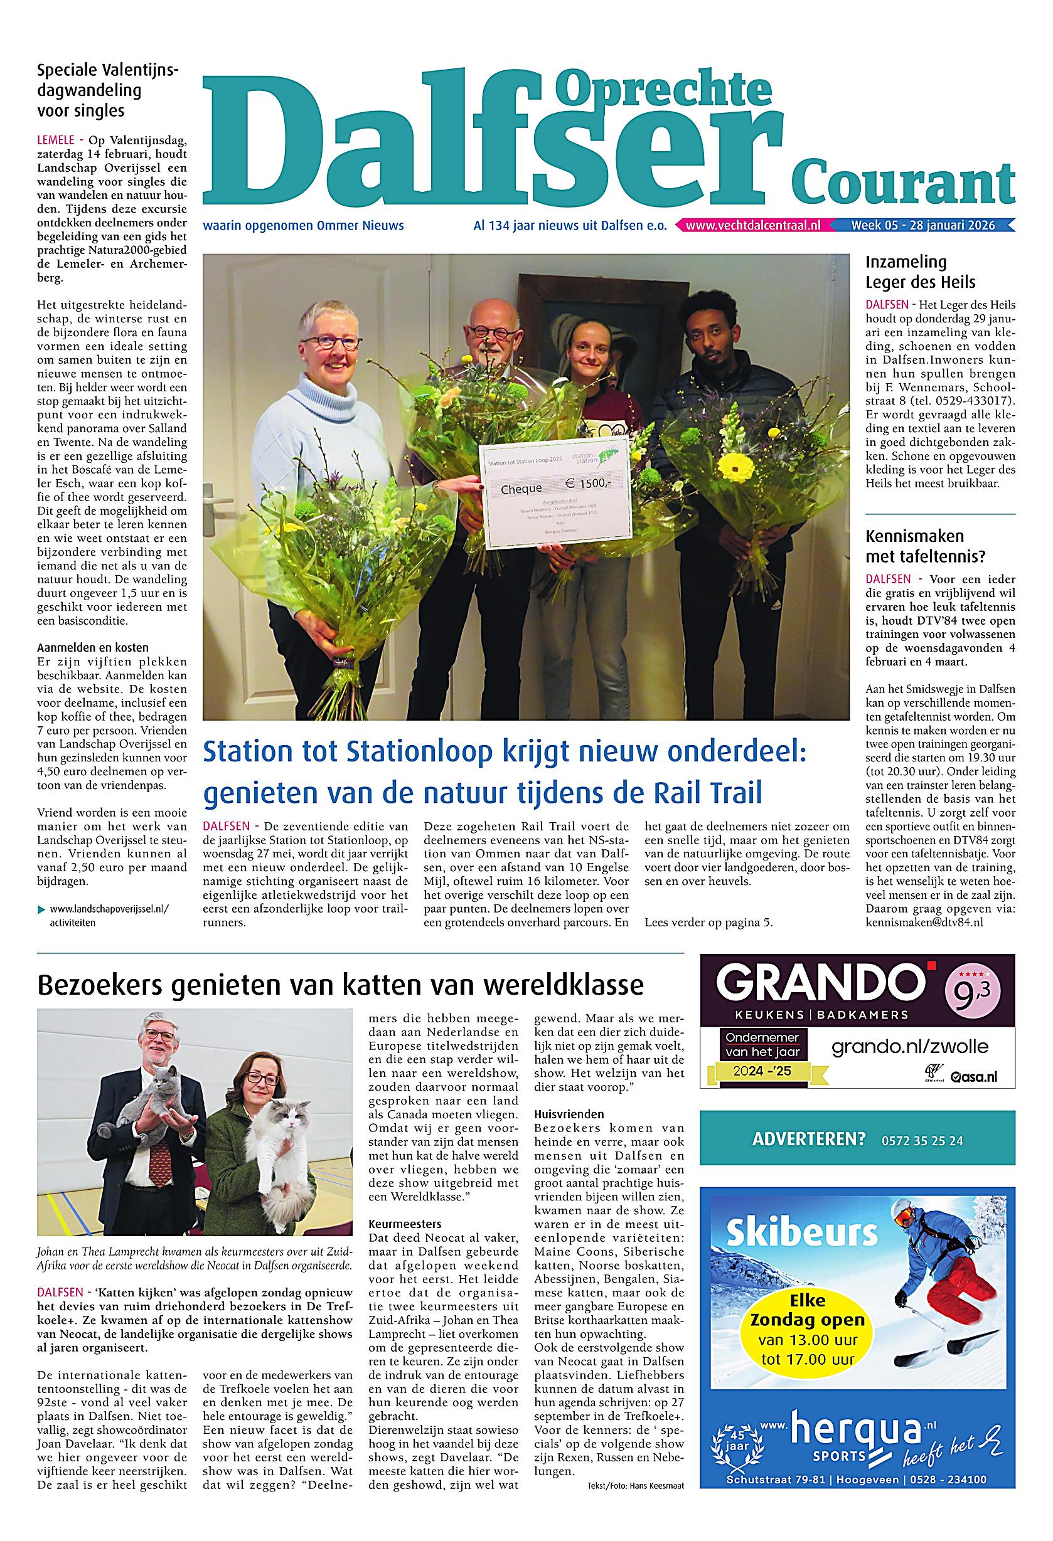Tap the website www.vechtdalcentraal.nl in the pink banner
[752, 225]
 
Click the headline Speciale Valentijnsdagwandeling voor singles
[108, 90]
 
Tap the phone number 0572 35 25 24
[922, 1141]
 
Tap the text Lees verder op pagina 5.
[708, 923]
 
